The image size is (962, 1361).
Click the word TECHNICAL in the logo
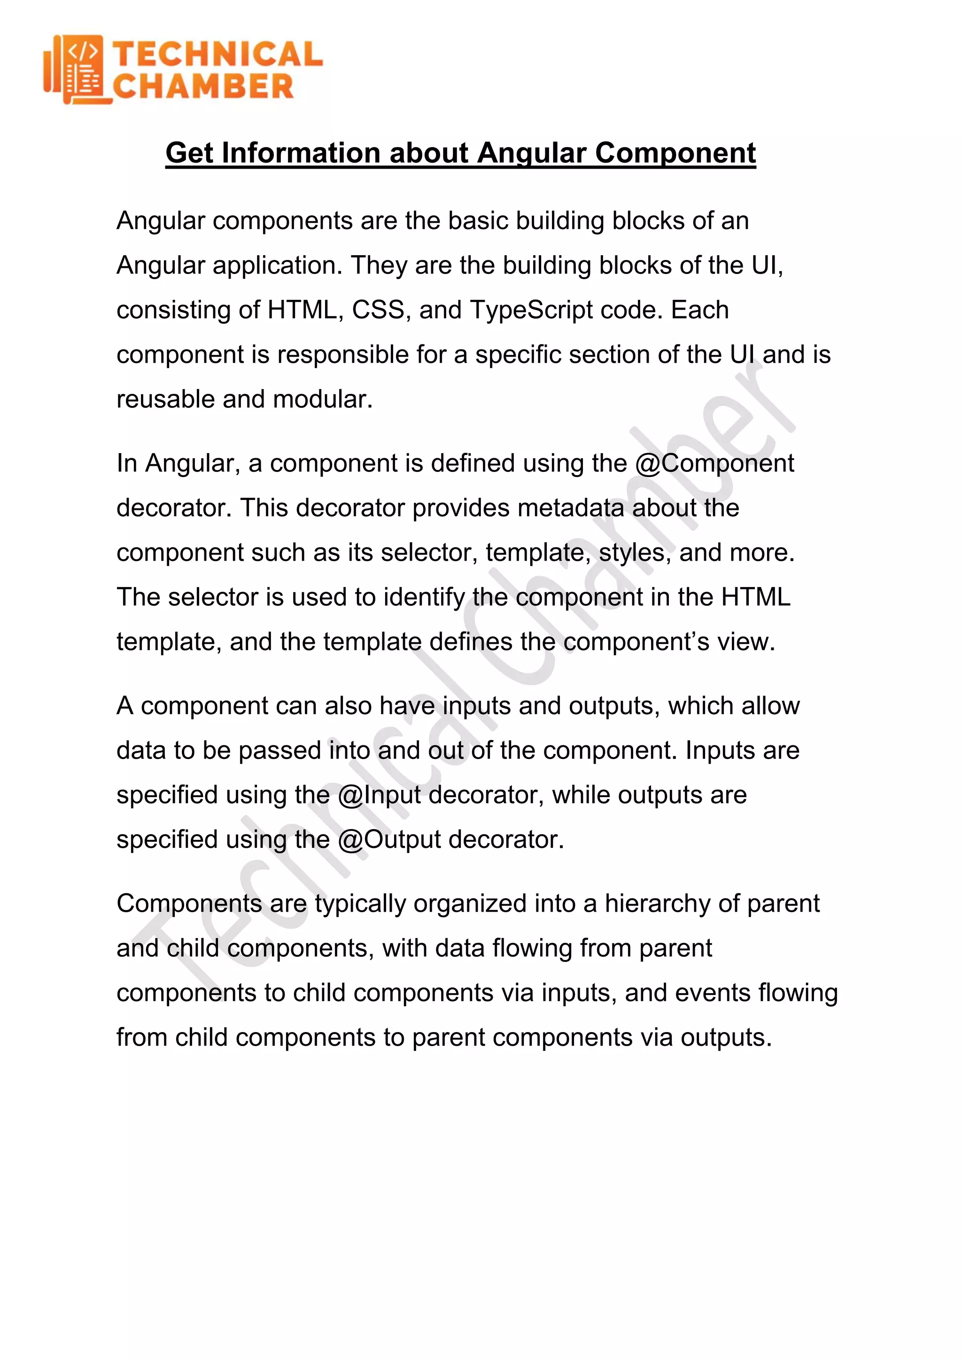[217, 55]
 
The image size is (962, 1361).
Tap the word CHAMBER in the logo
[203, 87]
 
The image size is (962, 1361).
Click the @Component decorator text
[714, 463]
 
